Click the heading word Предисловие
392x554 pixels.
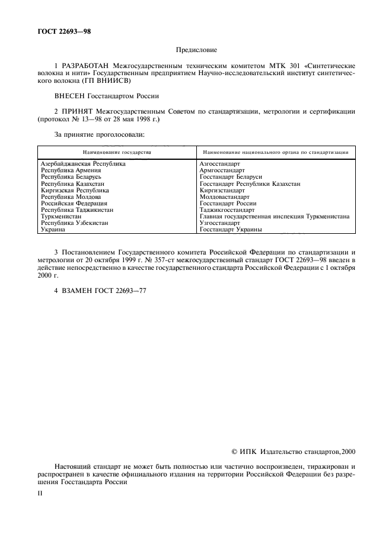click(x=196, y=51)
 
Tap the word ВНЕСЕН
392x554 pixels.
click(x=69, y=95)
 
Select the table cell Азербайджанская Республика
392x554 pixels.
click(x=82, y=164)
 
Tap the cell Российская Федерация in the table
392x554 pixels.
click(x=74, y=204)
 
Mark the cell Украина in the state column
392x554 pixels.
click(x=53, y=230)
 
